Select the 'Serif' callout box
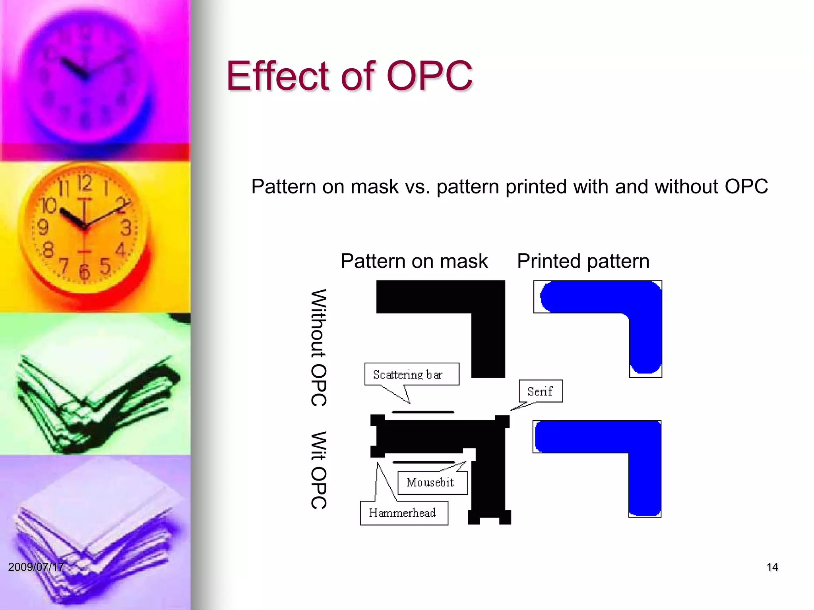(541, 391)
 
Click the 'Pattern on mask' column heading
(414, 261)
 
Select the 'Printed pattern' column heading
(583, 261)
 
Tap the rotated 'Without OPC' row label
(319, 347)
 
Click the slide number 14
(772, 567)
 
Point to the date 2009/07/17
(36, 567)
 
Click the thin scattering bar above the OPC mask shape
(423, 412)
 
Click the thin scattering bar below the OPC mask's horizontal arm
(424, 462)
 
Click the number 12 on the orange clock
(85, 183)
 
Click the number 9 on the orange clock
(43, 227)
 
